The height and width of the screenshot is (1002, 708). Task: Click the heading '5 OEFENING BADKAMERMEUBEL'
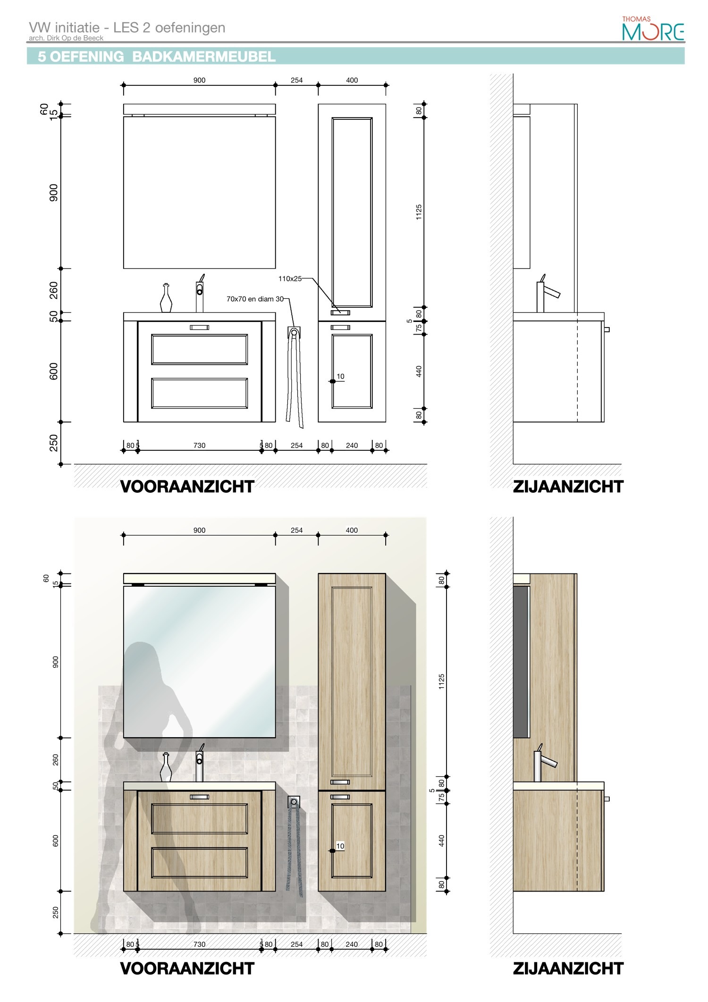coord(157,57)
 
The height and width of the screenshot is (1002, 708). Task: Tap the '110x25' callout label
coord(290,278)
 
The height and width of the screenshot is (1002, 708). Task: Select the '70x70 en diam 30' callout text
coord(255,299)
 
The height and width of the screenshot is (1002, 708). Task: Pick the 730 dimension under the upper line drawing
coord(199,445)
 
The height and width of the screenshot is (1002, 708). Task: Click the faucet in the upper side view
coord(547,294)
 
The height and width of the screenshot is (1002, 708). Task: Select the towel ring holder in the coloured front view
coord(294,801)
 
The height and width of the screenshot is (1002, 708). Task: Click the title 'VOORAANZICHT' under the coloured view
coord(187,968)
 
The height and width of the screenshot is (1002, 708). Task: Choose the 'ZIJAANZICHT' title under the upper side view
coord(568,487)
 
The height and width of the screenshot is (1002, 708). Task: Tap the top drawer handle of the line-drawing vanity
coord(199,328)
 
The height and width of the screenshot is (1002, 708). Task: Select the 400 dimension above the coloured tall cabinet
coord(352,530)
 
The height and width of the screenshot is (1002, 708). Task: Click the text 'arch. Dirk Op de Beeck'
coord(66,38)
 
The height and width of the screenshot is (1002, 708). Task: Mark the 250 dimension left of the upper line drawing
coord(54,443)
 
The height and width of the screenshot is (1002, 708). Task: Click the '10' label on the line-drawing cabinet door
coord(340,376)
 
